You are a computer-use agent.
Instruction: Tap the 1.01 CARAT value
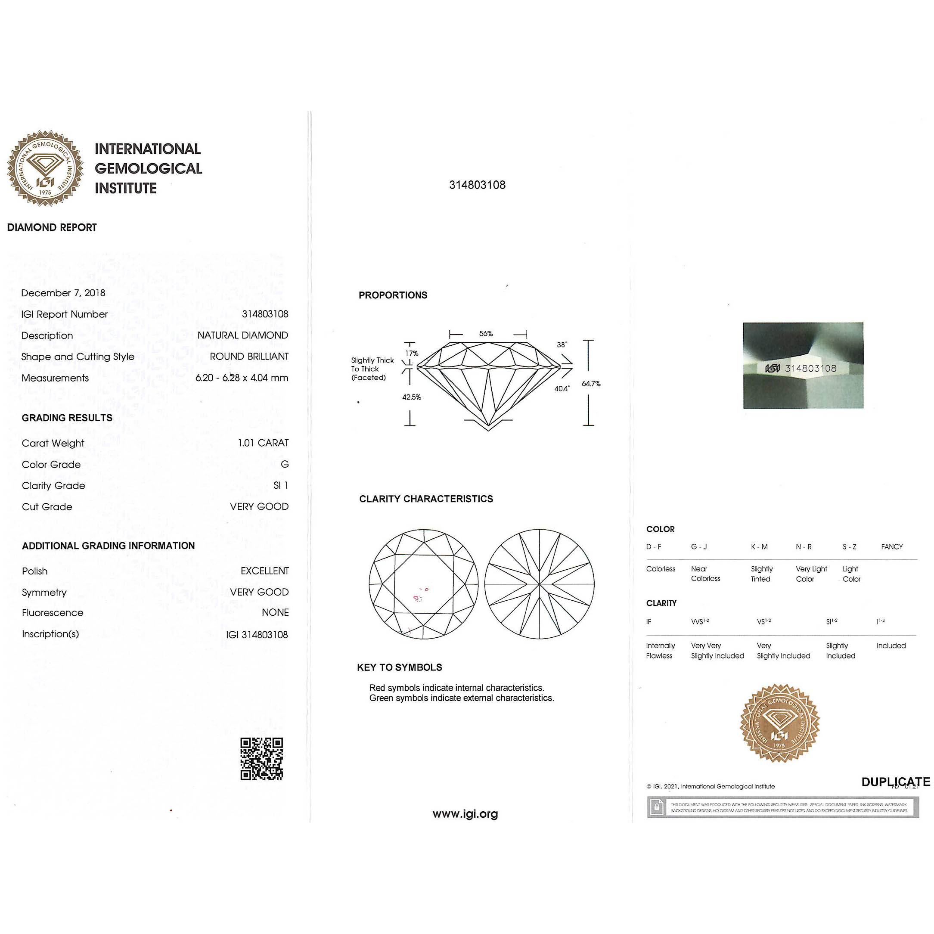[x=263, y=443]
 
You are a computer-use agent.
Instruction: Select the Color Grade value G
[x=285, y=464]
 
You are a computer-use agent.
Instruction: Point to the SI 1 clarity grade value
[x=281, y=485]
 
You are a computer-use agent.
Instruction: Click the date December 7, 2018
[x=63, y=293]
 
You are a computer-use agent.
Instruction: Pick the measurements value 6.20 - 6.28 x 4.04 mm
[x=242, y=378]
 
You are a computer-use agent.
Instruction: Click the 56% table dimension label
[x=486, y=334]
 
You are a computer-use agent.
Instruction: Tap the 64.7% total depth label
[x=591, y=383]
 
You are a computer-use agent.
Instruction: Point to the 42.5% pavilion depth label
[x=411, y=397]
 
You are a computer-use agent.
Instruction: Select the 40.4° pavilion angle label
[x=562, y=388]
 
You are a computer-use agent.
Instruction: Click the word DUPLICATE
[x=895, y=782]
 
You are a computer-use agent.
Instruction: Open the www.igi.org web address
[x=465, y=813]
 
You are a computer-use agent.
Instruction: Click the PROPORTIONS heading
[x=393, y=295]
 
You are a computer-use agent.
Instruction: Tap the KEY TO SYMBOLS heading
[x=399, y=667]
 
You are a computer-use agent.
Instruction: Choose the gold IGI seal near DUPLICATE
[x=779, y=724]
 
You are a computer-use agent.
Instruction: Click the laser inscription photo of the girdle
[x=803, y=365]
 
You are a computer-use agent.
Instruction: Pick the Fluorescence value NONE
[x=275, y=612]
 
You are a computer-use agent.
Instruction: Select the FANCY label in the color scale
[x=891, y=547]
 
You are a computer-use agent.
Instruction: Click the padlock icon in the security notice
[x=657, y=807]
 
